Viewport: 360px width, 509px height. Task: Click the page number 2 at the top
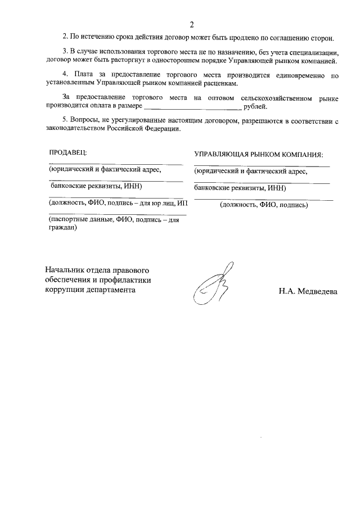pyautogui.click(x=191, y=25)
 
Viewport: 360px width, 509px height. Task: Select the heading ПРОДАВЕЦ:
pyautogui.click(x=67, y=152)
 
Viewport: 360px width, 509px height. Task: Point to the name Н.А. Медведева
pyautogui.click(x=307, y=291)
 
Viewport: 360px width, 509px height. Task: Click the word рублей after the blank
pyautogui.click(x=256, y=106)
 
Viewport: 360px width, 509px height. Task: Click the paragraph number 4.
pyautogui.click(x=65, y=74)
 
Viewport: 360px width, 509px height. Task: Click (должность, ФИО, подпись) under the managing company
pyautogui.click(x=264, y=205)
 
